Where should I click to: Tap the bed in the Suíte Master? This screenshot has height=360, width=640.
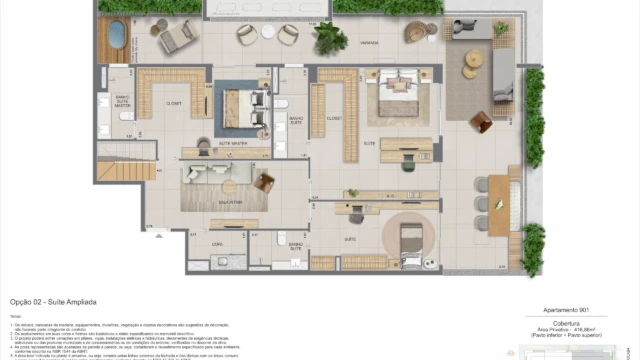point(240,103)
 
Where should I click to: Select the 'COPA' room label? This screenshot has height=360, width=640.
point(216,244)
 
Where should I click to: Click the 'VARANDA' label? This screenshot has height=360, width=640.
point(368,42)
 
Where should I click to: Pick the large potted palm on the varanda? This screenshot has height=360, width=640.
point(328,38)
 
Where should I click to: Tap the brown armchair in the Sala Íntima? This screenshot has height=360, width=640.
point(265,181)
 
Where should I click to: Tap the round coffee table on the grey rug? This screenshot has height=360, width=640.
point(472,70)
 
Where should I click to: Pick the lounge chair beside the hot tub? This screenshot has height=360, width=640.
point(175,37)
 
